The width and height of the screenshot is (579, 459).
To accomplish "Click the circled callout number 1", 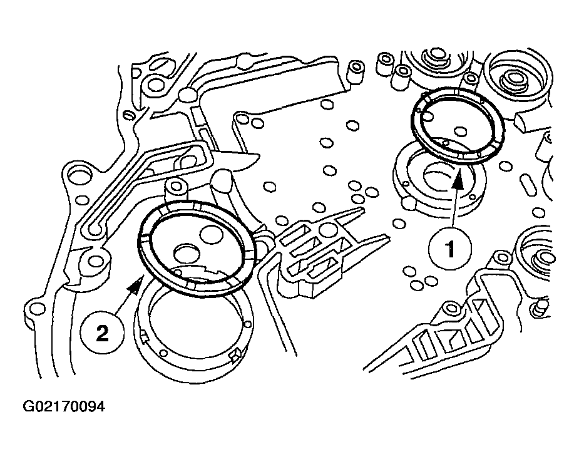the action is [x=450, y=249].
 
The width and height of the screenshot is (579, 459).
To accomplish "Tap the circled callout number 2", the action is [x=102, y=334].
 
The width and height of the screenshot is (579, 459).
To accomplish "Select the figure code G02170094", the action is [x=64, y=406].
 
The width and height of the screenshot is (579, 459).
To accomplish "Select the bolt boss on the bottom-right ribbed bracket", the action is [x=451, y=307].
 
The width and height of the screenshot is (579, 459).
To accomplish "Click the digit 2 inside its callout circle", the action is [x=102, y=334].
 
